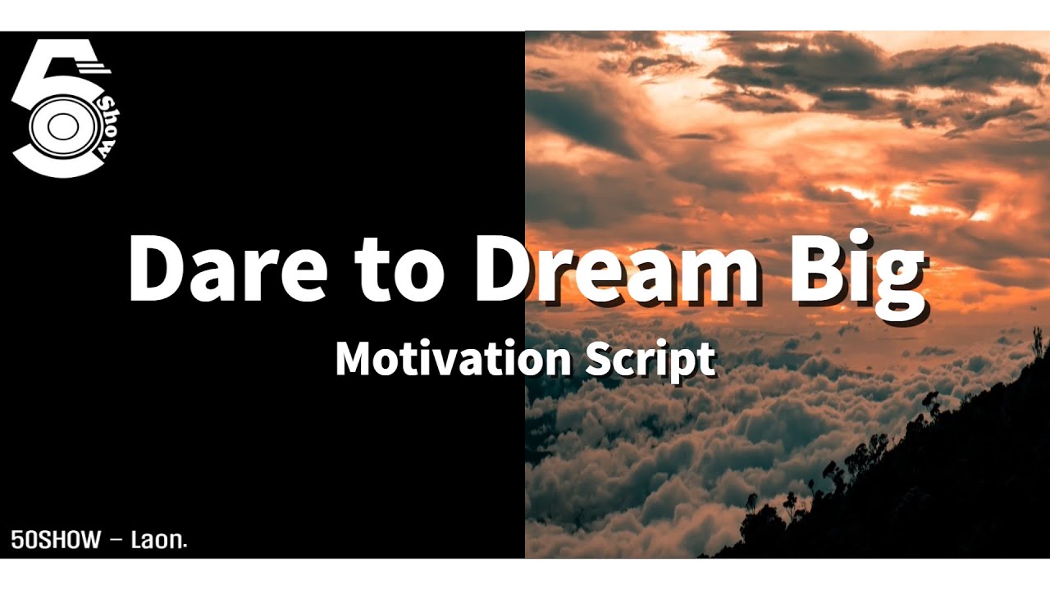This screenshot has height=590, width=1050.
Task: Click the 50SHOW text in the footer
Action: point(56,539)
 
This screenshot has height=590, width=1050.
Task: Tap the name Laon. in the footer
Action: point(159,539)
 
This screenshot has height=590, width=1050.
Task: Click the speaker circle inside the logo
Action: point(60,127)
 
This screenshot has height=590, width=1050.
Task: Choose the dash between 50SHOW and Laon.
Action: point(116,540)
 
